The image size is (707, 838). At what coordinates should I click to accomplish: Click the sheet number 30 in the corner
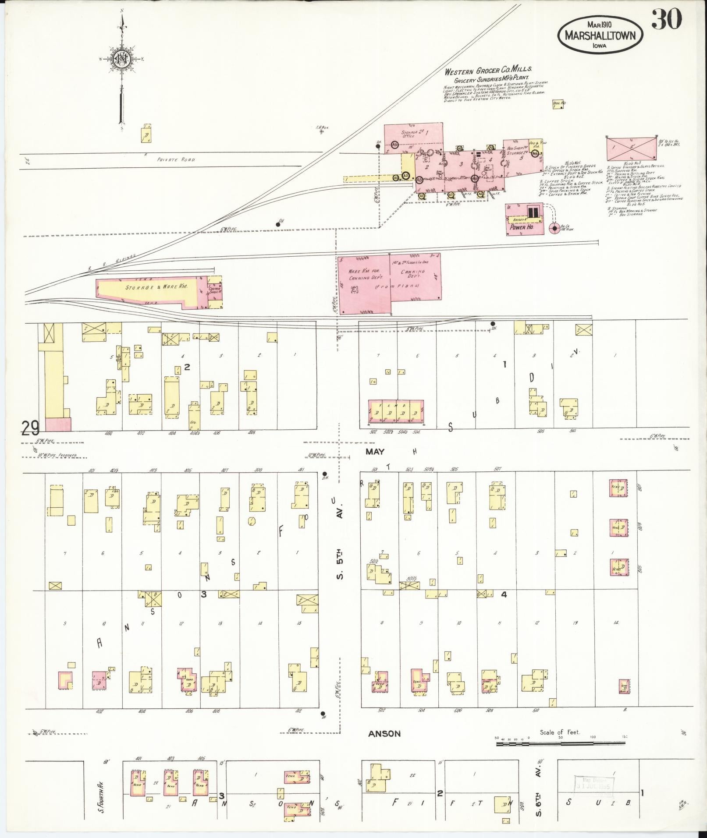pyautogui.click(x=666, y=19)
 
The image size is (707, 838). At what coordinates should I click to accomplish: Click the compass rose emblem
pyautogui.click(x=121, y=58)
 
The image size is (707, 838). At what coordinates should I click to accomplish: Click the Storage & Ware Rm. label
pyautogui.click(x=156, y=287)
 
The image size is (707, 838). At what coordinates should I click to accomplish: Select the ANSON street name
pyautogui.click(x=384, y=733)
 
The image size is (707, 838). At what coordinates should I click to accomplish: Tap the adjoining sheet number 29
pyautogui.click(x=30, y=428)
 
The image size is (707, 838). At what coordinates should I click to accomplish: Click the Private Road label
pyautogui.click(x=176, y=160)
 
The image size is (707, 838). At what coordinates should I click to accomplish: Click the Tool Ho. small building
pyautogui.click(x=558, y=105)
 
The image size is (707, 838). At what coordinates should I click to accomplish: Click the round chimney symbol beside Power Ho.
pyautogui.click(x=554, y=228)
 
